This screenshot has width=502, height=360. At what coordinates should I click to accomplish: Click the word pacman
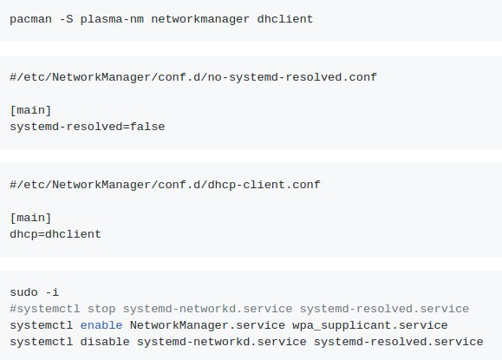(30, 20)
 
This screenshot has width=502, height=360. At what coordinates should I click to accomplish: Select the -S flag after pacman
(66, 19)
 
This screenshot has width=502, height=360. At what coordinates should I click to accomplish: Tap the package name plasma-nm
(112, 20)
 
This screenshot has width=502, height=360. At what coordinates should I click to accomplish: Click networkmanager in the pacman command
(200, 20)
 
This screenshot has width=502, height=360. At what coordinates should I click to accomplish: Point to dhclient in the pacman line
(285, 19)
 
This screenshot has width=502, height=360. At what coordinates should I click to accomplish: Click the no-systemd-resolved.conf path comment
(193, 77)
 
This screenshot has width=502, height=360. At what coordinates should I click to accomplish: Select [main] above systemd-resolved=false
(30, 110)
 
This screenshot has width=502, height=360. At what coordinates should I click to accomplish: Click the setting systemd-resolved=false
(88, 127)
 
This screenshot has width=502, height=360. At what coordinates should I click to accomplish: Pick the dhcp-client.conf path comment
(166, 185)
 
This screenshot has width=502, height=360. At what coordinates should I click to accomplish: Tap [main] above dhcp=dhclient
(30, 218)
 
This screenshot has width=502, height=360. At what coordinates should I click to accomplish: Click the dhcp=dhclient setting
(55, 234)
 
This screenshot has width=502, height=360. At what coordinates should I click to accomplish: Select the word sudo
(23, 292)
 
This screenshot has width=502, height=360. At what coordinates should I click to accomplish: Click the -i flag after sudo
(52, 292)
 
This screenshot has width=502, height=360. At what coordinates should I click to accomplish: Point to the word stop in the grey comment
(101, 309)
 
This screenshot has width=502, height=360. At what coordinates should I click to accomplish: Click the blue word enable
(101, 325)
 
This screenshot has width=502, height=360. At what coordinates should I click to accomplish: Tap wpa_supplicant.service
(370, 325)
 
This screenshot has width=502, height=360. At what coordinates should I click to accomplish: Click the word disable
(105, 342)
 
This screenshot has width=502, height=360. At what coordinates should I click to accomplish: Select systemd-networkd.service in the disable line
(222, 342)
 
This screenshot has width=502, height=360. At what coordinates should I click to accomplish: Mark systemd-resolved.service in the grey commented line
(384, 309)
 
